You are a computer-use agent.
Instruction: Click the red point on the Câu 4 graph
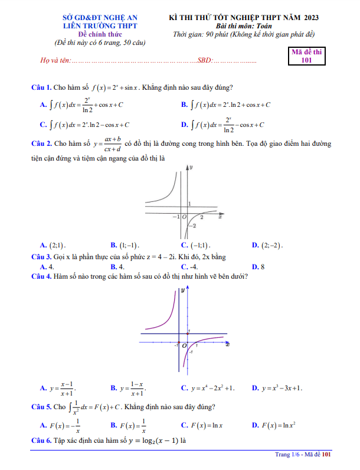click(x=188, y=335)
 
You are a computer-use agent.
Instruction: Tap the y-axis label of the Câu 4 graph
click(x=183, y=291)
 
